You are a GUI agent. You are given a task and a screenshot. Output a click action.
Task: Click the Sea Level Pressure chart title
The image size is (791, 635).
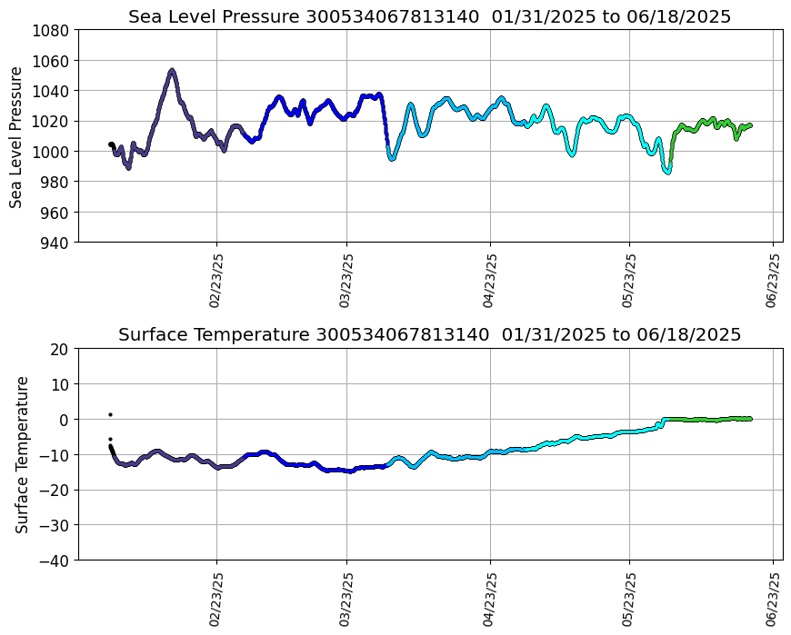(x=429, y=17)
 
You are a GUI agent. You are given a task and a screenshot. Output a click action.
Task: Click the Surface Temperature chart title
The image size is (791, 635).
(x=429, y=335)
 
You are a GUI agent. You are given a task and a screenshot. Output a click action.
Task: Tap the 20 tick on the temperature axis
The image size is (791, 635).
(x=61, y=349)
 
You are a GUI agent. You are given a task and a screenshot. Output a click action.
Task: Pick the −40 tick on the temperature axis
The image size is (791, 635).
(x=55, y=561)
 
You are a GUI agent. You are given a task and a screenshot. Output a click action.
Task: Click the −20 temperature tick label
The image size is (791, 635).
(x=55, y=490)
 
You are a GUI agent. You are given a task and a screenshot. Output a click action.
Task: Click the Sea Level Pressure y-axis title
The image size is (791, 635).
(x=16, y=136)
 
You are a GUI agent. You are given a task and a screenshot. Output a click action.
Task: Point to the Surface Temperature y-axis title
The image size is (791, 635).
(x=22, y=454)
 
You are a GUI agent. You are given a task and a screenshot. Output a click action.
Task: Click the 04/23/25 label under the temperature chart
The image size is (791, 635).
(x=491, y=599)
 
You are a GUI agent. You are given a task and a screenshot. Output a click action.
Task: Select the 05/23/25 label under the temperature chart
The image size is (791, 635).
(x=629, y=599)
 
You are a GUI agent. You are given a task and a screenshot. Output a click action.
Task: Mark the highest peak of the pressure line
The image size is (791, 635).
(x=172, y=70)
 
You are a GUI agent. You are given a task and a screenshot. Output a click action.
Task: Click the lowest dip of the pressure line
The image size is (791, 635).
(x=667, y=172)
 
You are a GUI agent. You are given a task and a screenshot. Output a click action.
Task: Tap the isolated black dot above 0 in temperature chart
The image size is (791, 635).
(x=110, y=414)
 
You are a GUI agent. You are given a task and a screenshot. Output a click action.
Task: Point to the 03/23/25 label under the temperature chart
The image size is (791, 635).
(x=346, y=599)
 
